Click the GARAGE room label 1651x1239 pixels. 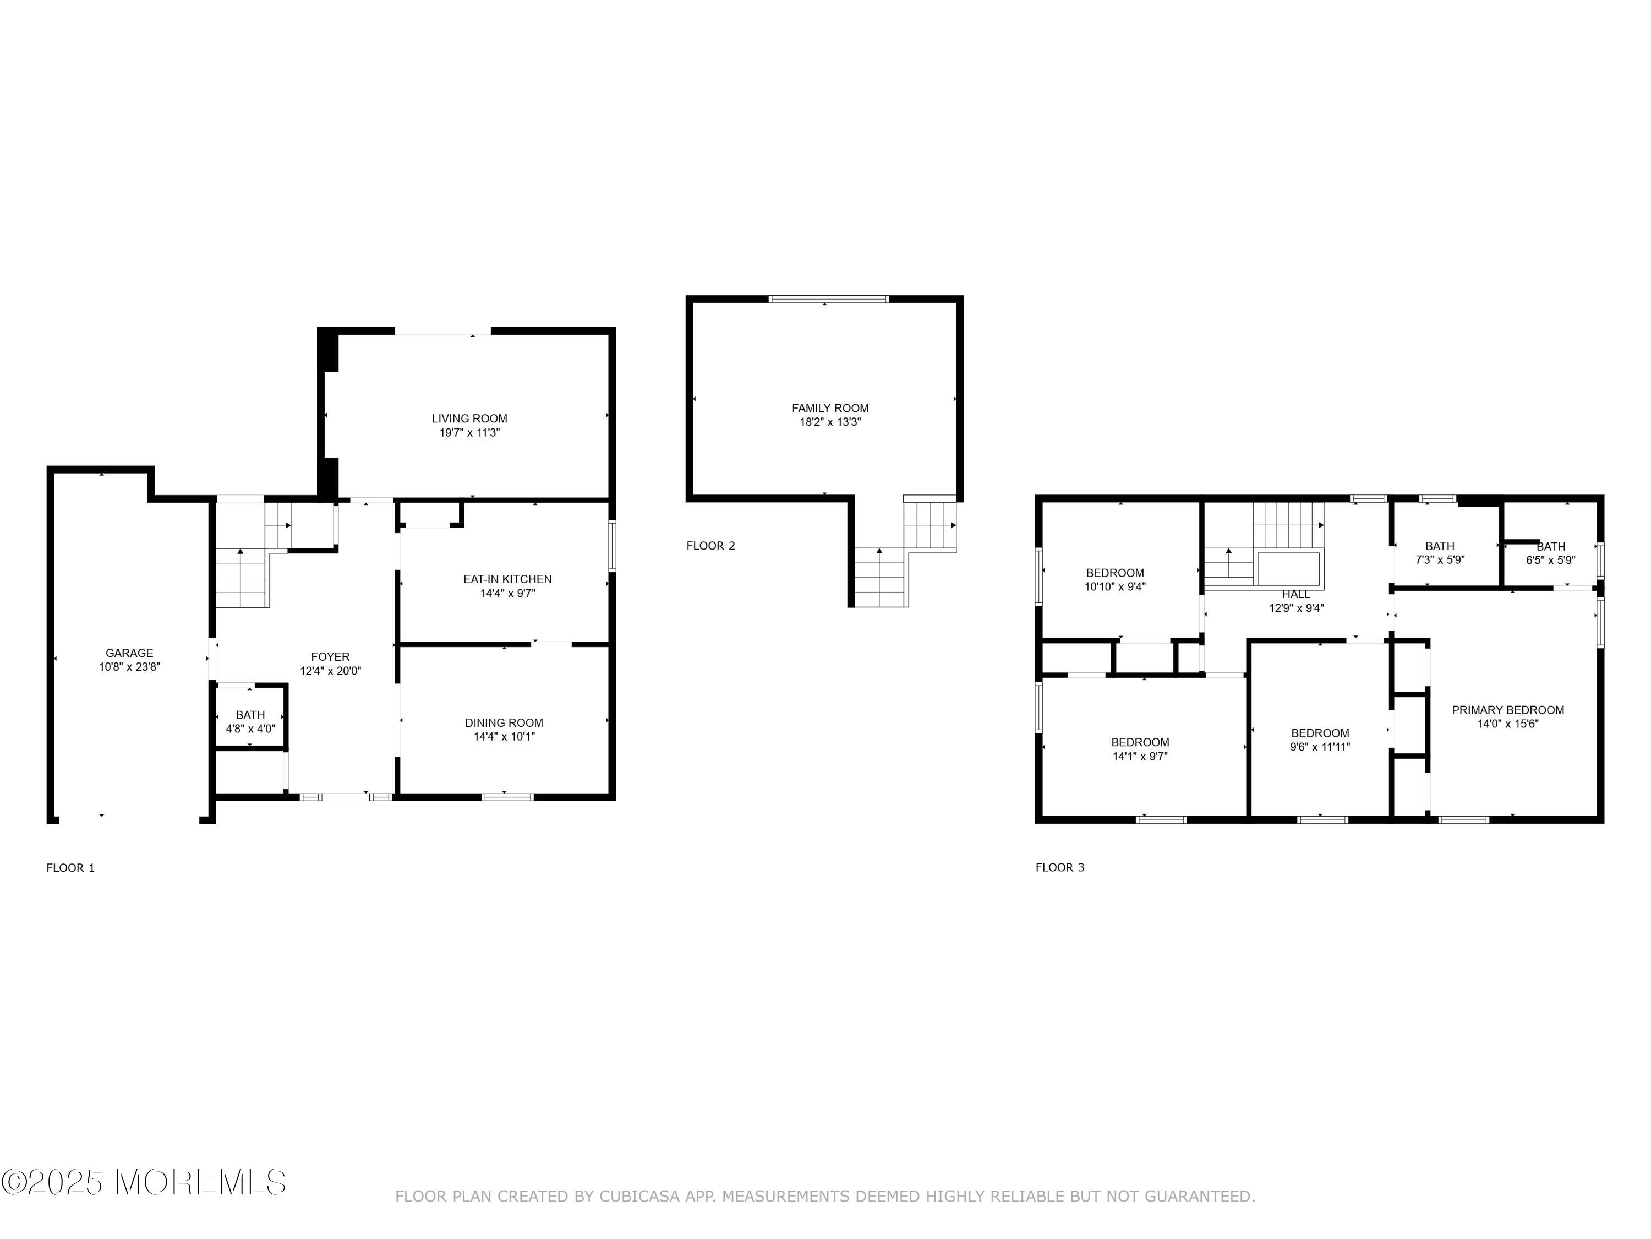point(129,653)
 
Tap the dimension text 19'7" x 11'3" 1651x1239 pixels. point(469,432)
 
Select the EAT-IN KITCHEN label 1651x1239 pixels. point(507,579)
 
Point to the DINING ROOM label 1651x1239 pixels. point(504,722)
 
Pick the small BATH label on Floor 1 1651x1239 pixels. point(250,715)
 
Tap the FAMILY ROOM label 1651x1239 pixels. point(830,408)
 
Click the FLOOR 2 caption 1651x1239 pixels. point(710,546)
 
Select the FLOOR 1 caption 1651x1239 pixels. point(70,868)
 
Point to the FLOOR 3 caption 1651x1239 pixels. point(1059,867)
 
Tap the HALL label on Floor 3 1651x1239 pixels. point(1295,594)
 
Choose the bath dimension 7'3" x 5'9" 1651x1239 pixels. point(1440,559)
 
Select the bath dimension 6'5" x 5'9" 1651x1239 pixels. point(1550,559)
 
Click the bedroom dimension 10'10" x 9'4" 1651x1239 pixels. point(1114,587)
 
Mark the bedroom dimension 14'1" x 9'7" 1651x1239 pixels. point(1140,756)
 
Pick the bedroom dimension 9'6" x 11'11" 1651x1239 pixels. point(1320,747)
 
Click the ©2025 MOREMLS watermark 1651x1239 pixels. point(143,1182)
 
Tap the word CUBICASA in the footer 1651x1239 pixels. point(639,1197)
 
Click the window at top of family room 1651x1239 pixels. point(828,298)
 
